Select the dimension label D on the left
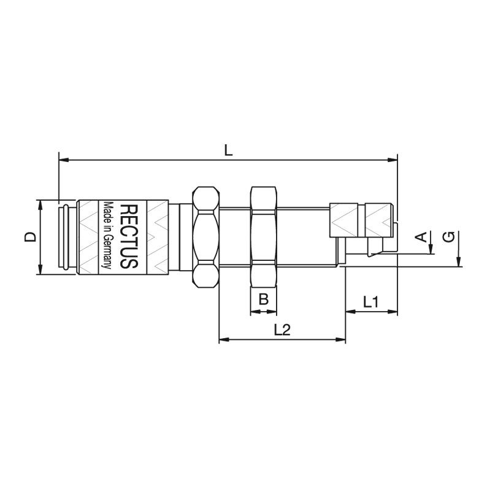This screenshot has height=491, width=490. click(x=30, y=237)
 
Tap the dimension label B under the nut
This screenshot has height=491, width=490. click(x=264, y=299)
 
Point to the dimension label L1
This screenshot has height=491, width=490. click(x=371, y=302)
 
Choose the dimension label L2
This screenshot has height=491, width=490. click(x=282, y=330)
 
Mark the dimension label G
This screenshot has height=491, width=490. click(x=449, y=237)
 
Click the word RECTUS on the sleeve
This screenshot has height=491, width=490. click(x=129, y=236)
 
